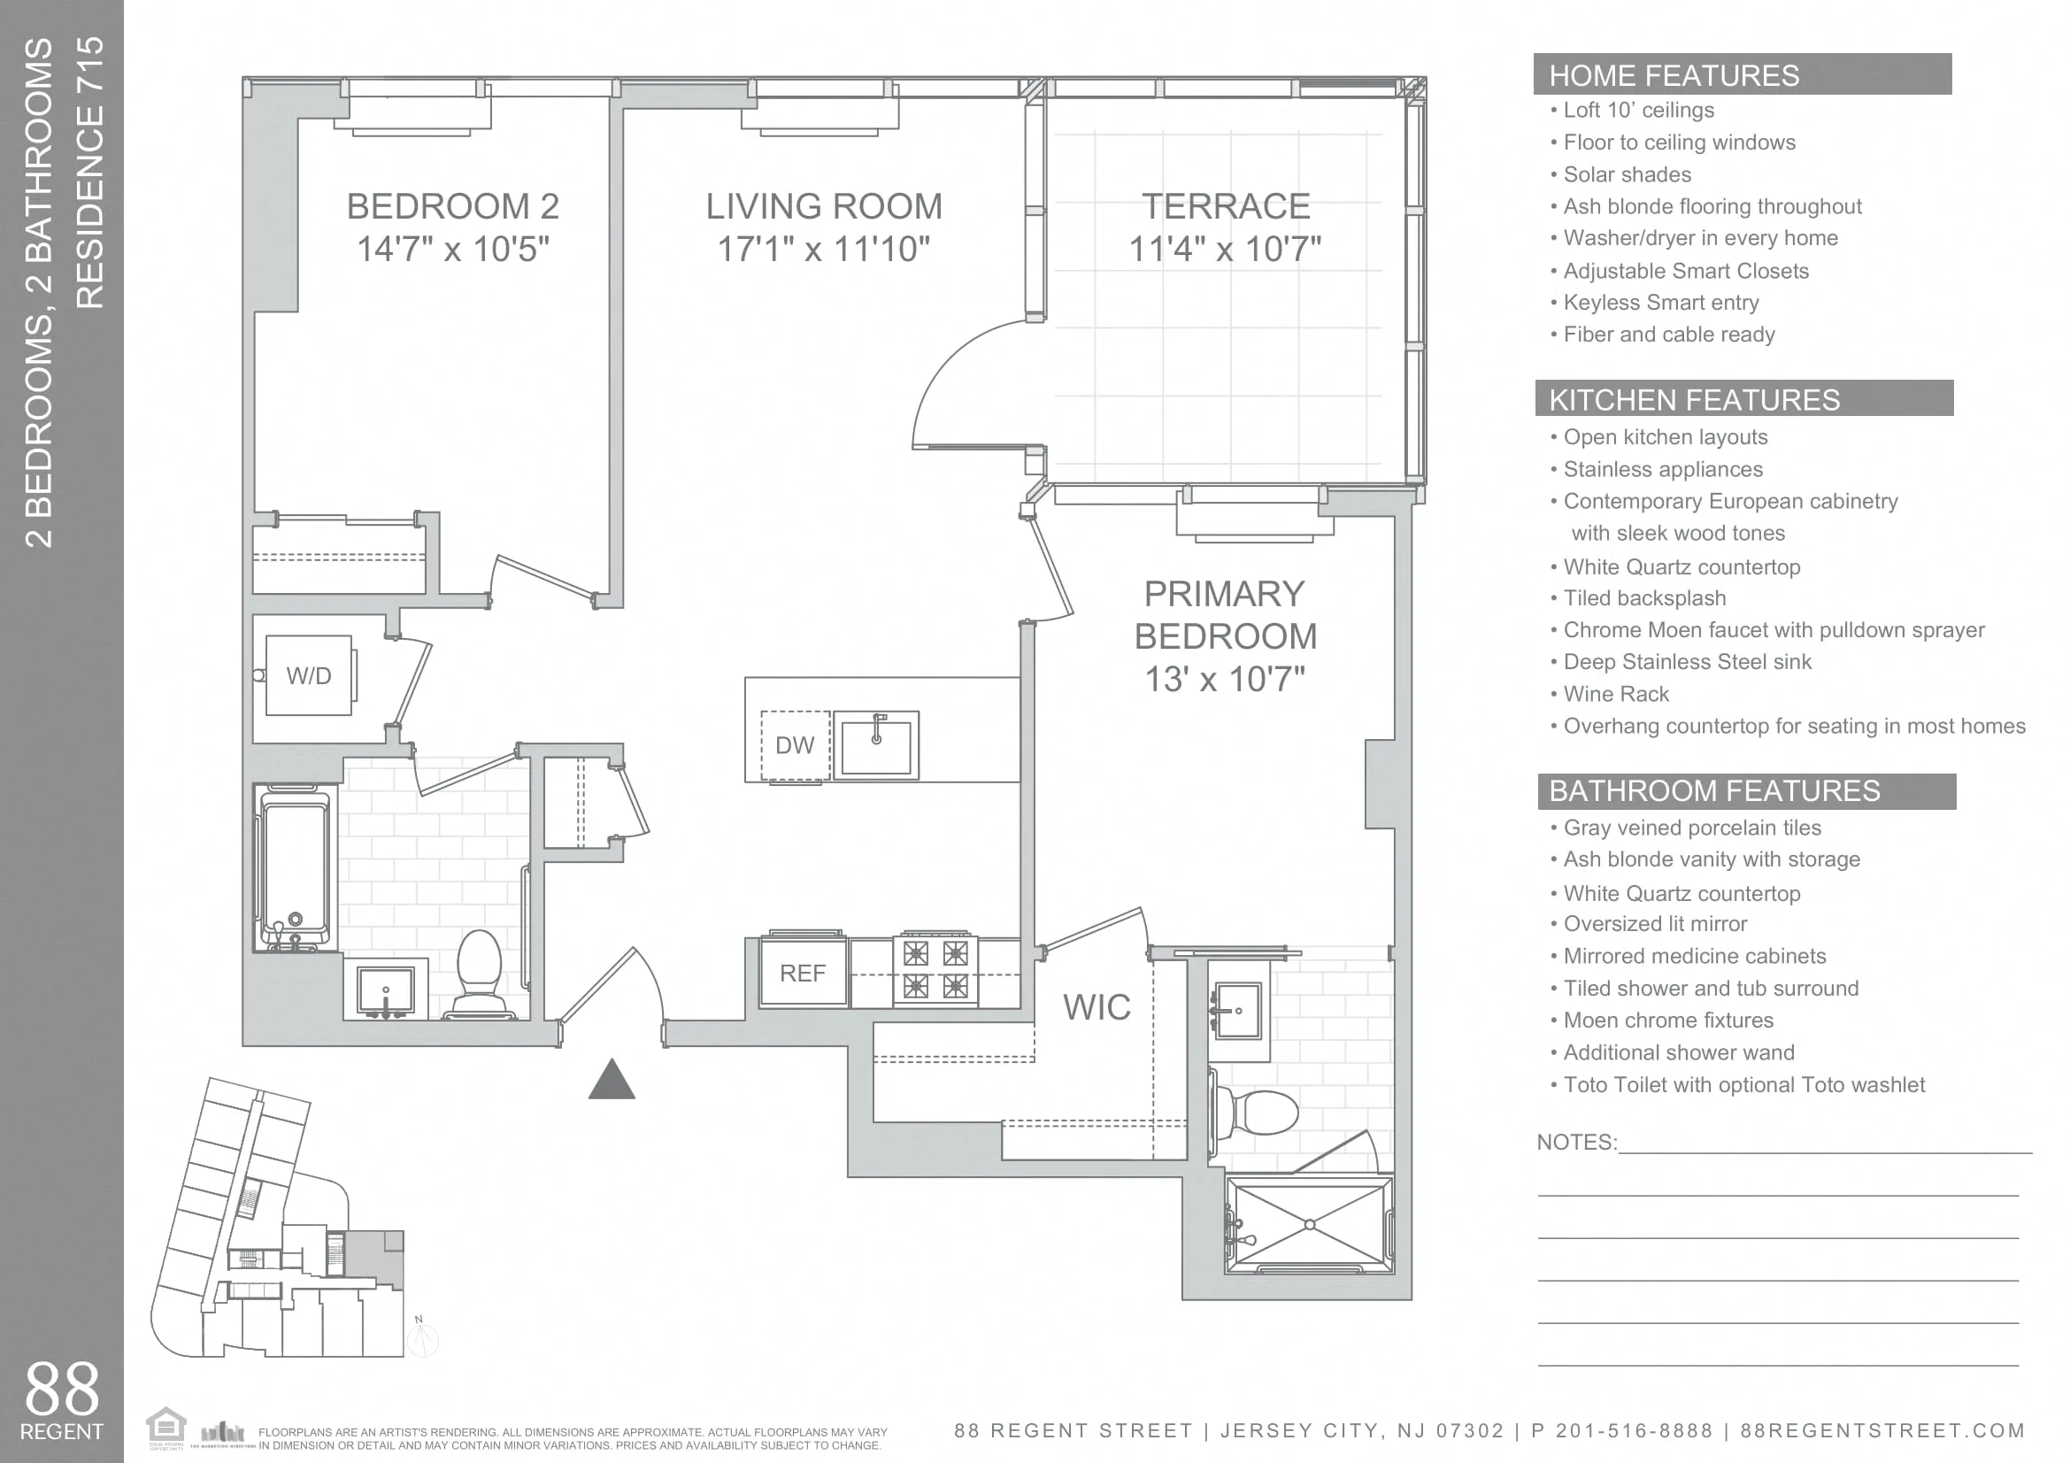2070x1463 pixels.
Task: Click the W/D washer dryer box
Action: coord(308,675)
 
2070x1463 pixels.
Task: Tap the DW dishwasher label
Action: coord(794,745)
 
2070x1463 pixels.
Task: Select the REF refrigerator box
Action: coord(803,974)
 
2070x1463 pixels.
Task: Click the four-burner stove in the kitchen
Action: coord(935,970)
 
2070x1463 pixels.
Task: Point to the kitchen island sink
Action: coord(875,744)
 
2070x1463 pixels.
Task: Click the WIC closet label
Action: coord(1097,1007)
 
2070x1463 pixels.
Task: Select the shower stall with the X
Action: coord(1309,1224)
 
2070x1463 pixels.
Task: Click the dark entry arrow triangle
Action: coord(612,1081)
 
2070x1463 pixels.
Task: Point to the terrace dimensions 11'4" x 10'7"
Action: coord(1224,249)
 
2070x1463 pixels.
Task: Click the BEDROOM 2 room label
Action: coord(452,206)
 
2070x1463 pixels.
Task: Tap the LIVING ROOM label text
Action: coord(823,206)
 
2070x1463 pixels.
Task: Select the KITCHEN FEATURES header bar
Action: coord(1743,399)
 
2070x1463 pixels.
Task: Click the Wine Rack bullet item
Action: coord(1616,694)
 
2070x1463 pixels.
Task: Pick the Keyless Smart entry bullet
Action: coord(1660,303)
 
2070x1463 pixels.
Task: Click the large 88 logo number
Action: coord(61,1389)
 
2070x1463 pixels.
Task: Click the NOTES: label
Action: coord(1576,1142)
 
